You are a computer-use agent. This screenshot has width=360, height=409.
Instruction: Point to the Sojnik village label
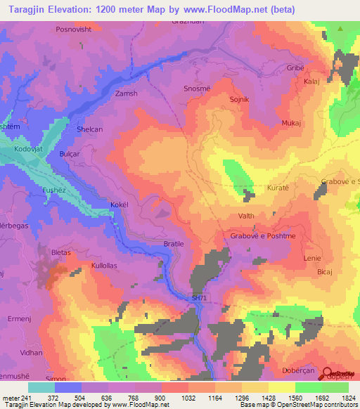pos(240,100)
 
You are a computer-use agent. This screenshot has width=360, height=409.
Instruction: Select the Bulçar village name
pos(71,154)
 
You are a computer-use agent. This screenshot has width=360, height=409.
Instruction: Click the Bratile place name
pos(173,243)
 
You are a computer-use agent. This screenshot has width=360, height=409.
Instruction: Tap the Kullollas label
pos(105,266)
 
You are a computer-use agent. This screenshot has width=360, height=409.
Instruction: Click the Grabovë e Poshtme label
pos(263,236)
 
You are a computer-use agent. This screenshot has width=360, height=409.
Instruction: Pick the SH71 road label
pos(200,299)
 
